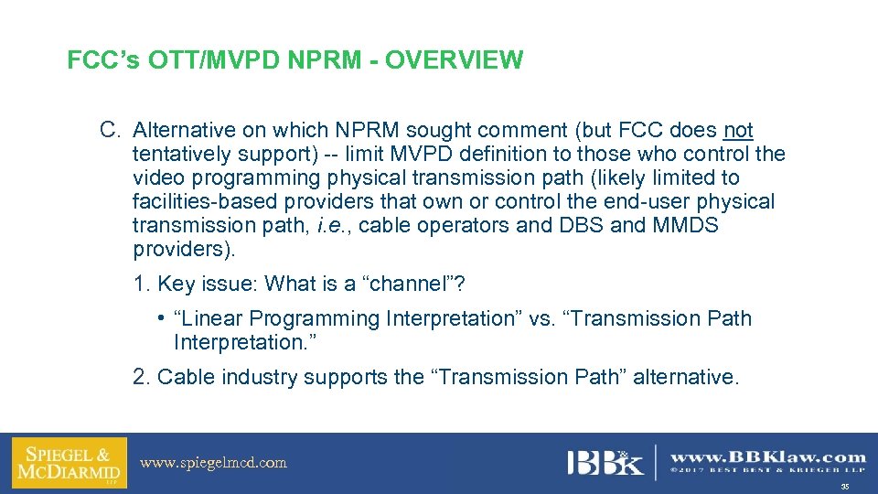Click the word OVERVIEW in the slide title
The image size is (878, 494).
point(454,61)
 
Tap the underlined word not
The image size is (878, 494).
point(738,131)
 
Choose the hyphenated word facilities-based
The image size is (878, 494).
point(201,201)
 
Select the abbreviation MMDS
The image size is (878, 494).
point(687,225)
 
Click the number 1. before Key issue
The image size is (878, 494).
point(142,284)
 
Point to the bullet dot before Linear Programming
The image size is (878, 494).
point(160,319)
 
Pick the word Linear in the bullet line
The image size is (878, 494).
point(211,319)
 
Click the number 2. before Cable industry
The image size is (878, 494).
point(143,377)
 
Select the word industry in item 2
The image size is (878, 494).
point(256,377)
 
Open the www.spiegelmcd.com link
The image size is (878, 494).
point(213,463)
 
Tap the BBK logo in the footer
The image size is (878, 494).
point(605,463)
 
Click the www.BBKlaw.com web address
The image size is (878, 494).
point(768,456)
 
